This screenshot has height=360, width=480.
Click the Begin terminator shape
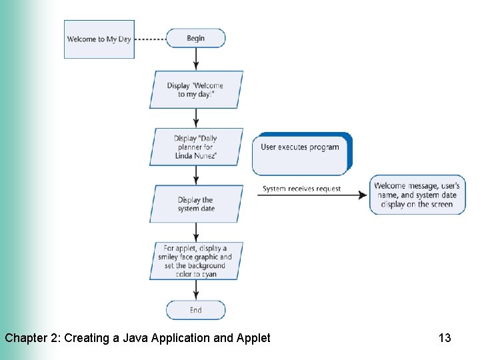click(195, 38)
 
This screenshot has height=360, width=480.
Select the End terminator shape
click(195, 310)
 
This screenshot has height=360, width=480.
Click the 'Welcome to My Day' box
click(99, 39)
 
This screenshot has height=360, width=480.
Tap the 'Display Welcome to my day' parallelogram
click(196, 90)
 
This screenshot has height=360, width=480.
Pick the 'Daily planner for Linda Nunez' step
click(196, 147)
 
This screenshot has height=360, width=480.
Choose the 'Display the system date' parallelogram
click(196, 204)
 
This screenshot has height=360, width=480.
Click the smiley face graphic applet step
click(196, 261)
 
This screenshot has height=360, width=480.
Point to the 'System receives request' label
click(301, 189)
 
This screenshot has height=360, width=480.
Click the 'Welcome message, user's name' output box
click(416, 195)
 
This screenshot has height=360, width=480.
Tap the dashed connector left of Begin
click(150, 39)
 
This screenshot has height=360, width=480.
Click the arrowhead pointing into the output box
click(363, 195)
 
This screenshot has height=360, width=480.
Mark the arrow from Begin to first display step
click(196, 59)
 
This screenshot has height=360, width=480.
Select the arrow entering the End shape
click(196, 291)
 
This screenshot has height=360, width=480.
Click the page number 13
click(445, 338)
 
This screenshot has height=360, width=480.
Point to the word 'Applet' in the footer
click(253, 338)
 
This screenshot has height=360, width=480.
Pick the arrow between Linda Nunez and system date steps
click(196, 175)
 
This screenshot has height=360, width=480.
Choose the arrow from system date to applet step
click(196, 232)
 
